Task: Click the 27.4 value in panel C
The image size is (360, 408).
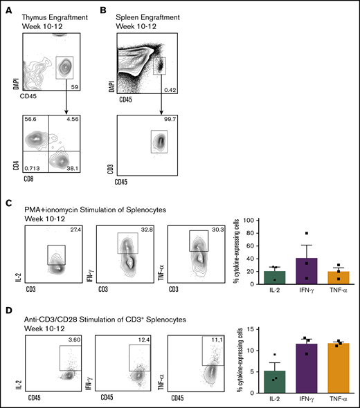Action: click(75, 220)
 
